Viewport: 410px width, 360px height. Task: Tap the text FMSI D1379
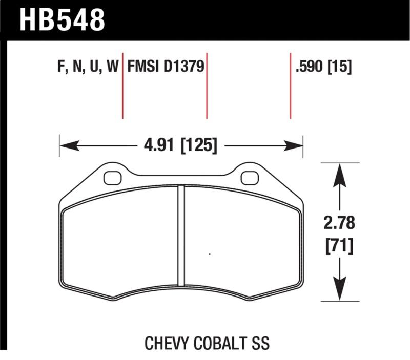tap(166, 67)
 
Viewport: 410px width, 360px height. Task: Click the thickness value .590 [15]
tap(323, 67)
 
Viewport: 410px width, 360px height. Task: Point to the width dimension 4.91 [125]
tap(181, 145)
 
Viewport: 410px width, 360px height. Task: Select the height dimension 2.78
tap(339, 224)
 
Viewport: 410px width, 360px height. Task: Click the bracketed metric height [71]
tap(339, 246)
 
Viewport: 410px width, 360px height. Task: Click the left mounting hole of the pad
tap(111, 177)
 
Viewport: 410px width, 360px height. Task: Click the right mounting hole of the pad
tap(249, 177)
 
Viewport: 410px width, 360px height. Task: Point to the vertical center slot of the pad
tap(180, 236)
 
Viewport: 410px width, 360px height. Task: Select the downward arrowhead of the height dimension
tap(339, 291)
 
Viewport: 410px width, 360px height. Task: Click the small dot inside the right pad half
tap(210, 253)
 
